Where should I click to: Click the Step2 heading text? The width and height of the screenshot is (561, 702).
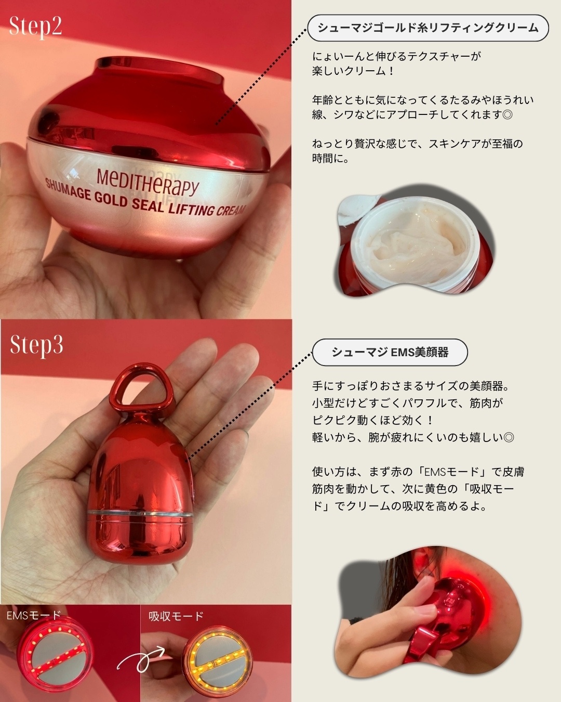(35, 26)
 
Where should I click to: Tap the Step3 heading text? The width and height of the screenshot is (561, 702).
(36, 345)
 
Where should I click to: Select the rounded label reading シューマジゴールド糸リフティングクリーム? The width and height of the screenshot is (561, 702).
(428, 28)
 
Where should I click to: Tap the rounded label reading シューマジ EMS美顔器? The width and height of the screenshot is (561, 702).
(390, 353)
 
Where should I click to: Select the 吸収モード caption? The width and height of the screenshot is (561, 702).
(176, 616)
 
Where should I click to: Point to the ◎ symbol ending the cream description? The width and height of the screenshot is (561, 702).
(507, 114)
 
